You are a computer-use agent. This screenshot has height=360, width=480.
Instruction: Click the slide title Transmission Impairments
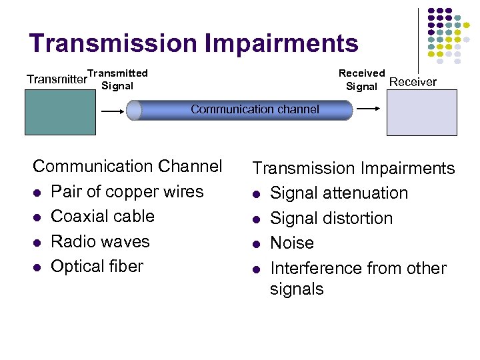click(193, 43)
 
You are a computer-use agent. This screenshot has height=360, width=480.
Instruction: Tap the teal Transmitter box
click(57, 112)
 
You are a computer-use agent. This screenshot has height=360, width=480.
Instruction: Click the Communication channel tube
click(240, 109)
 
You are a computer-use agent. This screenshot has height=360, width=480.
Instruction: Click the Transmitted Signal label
click(117, 79)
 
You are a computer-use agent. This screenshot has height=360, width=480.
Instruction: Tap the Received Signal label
click(361, 79)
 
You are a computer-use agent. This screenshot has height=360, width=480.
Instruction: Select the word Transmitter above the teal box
click(57, 79)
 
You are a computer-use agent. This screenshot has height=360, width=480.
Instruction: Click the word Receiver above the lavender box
click(413, 82)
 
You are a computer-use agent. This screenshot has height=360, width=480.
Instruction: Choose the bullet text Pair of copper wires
click(127, 191)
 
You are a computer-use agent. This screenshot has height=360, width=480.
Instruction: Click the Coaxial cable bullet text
click(103, 216)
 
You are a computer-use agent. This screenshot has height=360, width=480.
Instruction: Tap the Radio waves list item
click(101, 241)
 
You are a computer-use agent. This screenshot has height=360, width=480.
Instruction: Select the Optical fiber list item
click(97, 266)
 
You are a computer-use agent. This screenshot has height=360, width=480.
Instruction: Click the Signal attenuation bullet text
click(339, 193)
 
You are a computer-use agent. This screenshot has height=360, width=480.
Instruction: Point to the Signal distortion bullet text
click(331, 218)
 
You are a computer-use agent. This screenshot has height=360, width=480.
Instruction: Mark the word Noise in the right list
click(292, 243)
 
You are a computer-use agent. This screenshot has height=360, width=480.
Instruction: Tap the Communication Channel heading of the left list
click(127, 166)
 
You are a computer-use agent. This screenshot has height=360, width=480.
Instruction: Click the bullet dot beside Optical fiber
click(37, 267)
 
